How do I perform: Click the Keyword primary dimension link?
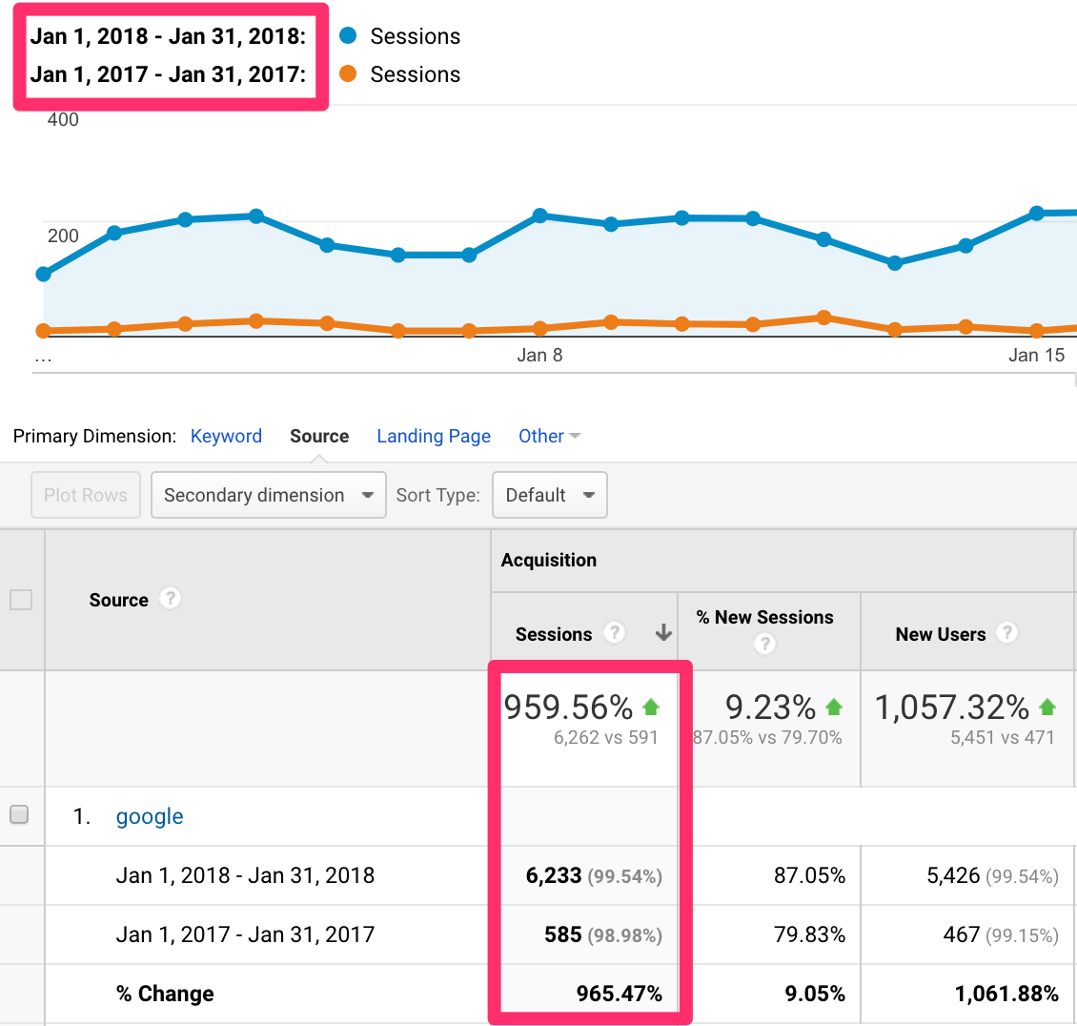[x=226, y=436]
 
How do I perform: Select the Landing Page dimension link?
[x=434, y=436]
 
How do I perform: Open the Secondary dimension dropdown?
[x=268, y=495]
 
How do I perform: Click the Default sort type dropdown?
[x=549, y=495]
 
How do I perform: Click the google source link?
[x=150, y=816]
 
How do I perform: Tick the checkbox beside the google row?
[x=19, y=815]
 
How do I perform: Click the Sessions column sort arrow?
[x=663, y=633]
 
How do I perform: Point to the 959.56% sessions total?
[x=569, y=708]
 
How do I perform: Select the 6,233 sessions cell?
[x=554, y=875]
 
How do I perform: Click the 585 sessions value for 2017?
[x=563, y=934]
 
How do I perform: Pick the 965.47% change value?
[x=619, y=994]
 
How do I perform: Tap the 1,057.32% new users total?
[x=952, y=708]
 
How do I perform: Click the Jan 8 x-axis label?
[x=539, y=356]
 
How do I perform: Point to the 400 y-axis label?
[x=63, y=120]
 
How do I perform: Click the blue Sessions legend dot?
[x=348, y=36]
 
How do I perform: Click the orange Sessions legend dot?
[x=348, y=74]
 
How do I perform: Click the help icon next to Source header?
[x=170, y=599]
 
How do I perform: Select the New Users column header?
[x=940, y=634]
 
